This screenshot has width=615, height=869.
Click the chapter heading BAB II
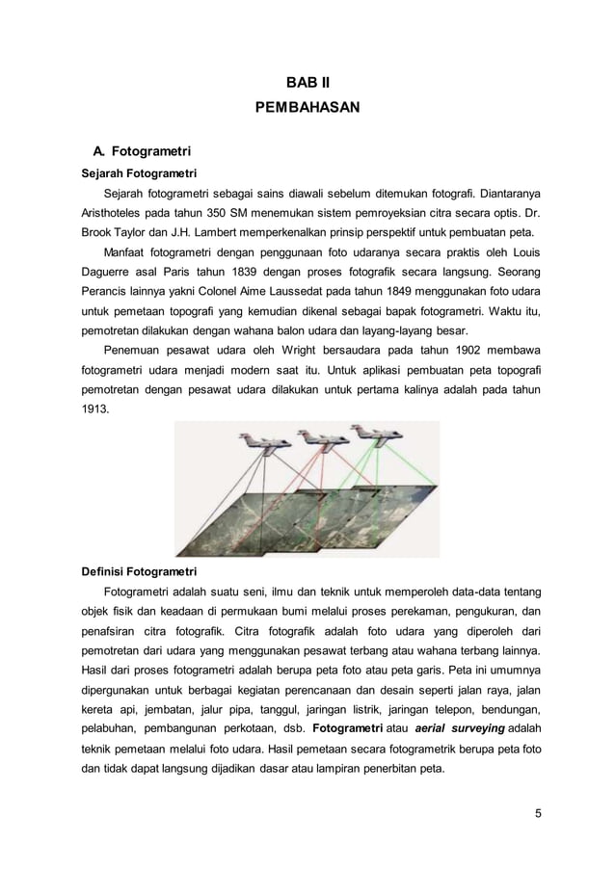tap(307, 85)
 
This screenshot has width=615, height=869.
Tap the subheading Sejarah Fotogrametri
tap(130, 173)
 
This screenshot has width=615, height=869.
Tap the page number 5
tap(537, 814)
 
